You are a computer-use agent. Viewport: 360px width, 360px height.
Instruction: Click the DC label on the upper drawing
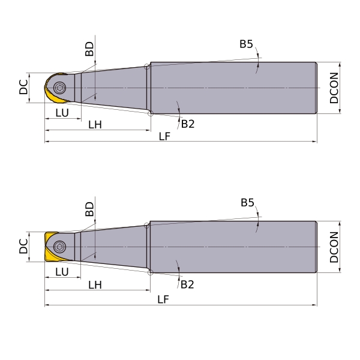point(23,87)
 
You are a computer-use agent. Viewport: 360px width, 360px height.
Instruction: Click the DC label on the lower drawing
point(23,246)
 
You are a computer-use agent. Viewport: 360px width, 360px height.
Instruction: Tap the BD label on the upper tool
point(89,49)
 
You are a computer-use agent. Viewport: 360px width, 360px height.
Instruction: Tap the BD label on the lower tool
point(89,209)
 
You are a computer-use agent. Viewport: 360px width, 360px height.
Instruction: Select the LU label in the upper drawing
point(62,113)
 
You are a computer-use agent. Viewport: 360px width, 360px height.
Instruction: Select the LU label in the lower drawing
point(62,272)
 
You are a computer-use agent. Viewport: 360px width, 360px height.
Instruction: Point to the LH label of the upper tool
point(95,125)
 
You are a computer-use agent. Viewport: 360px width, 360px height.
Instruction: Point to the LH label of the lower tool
point(95,285)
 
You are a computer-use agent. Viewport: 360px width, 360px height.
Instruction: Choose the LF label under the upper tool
point(164,137)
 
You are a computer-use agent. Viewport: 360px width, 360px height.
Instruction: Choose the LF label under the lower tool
point(163,299)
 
